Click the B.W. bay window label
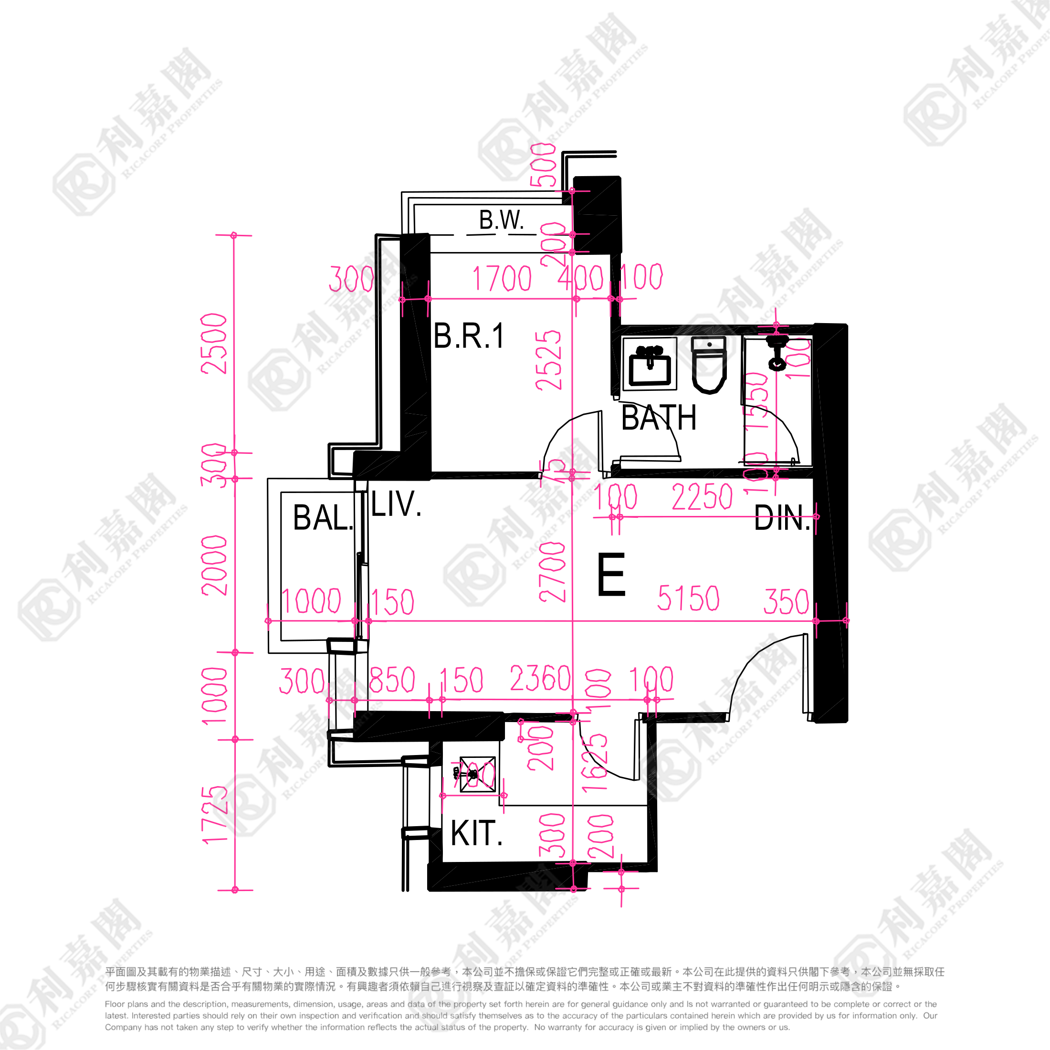click(501, 220)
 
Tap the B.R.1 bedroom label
click(469, 336)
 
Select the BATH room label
click(659, 418)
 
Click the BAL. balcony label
click(323, 517)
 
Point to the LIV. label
click(396, 504)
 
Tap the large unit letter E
click(611, 575)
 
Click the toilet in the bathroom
click(709, 364)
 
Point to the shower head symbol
click(777, 353)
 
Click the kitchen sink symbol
click(477, 774)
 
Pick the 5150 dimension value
click(688, 598)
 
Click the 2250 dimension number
click(702, 497)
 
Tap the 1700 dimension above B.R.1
click(502, 278)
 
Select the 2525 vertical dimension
click(548, 361)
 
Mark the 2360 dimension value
click(540, 678)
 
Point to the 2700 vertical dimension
click(552, 572)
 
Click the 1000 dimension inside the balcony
click(311, 601)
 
